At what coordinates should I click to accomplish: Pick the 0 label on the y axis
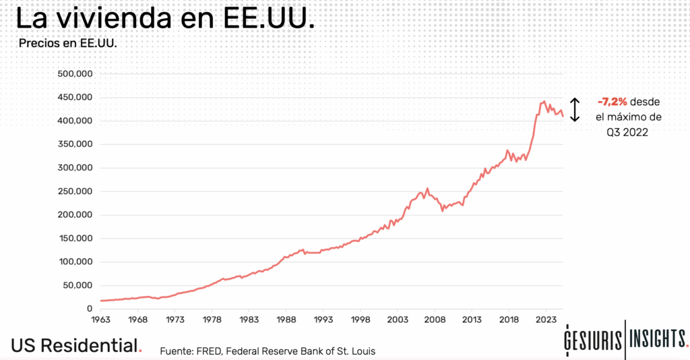88,309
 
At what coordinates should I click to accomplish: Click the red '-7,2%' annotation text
612,102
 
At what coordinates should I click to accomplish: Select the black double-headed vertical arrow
575,109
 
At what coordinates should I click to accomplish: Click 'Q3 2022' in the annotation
627,133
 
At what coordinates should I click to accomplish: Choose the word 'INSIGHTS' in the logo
658,340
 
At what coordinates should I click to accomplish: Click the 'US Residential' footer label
73,346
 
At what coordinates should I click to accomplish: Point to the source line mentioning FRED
268,351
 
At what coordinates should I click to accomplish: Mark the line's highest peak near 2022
544,102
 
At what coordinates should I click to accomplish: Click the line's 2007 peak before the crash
427,189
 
